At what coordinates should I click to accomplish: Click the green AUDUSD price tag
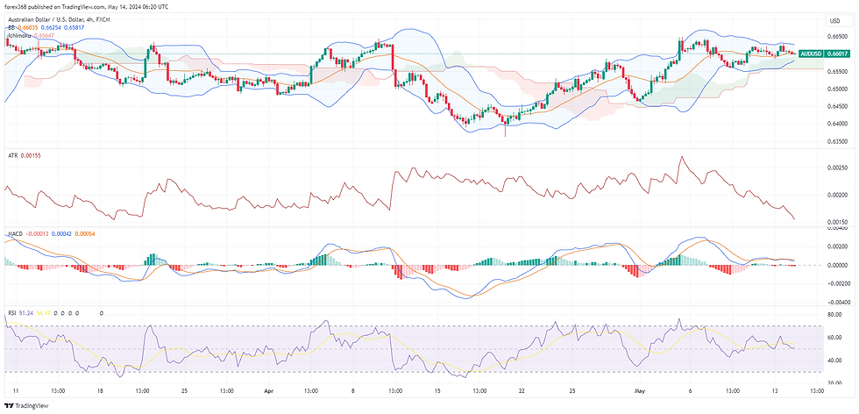pyautogui.click(x=820, y=54)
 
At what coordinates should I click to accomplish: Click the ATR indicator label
pyautogui.click(x=11, y=155)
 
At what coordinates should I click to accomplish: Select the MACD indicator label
pyautogui.click(x=14, y=234)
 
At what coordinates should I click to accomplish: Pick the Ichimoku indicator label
pyautogui.click(x=19, y=36)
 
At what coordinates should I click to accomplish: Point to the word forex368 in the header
pyautogui.click(x=19, y=7)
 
